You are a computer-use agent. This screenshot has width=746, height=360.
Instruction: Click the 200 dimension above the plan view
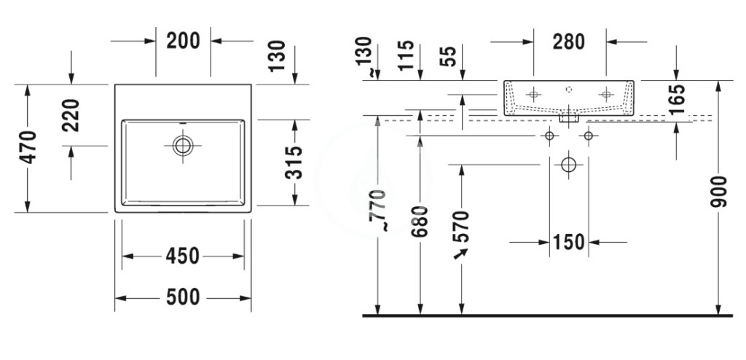point(183,41)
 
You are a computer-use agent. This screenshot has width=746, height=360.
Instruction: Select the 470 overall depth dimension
point(28,147)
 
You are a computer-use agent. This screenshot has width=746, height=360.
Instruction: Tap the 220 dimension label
point(71,115)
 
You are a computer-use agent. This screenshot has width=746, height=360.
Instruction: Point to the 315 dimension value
point(294,163)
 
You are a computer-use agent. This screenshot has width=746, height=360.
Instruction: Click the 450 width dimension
point(182,257)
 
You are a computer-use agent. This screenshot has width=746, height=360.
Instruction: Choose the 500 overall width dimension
point(183,297)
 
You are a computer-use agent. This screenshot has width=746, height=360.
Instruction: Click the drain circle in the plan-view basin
point(183,145)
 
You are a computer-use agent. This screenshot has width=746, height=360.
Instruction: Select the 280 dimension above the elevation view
point(568,42)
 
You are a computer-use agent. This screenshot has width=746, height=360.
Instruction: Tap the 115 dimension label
point(406,55)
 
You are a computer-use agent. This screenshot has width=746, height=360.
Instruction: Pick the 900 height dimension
point(719,192)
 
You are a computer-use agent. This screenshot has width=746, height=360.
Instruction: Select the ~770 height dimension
point(378,210)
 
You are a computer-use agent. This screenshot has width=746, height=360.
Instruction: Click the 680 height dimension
point(420,222)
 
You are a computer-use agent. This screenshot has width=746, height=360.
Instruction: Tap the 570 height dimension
point(462,227)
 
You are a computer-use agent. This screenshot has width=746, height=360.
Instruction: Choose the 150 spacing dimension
point(568,243)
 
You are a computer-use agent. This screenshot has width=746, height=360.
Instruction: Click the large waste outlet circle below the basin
point(568,165)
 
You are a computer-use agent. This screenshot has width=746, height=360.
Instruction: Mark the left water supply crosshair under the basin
point(549,136)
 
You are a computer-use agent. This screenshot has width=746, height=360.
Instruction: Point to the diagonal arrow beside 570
point(460,254)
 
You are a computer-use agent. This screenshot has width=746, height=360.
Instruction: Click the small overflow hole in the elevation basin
point(569,89)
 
